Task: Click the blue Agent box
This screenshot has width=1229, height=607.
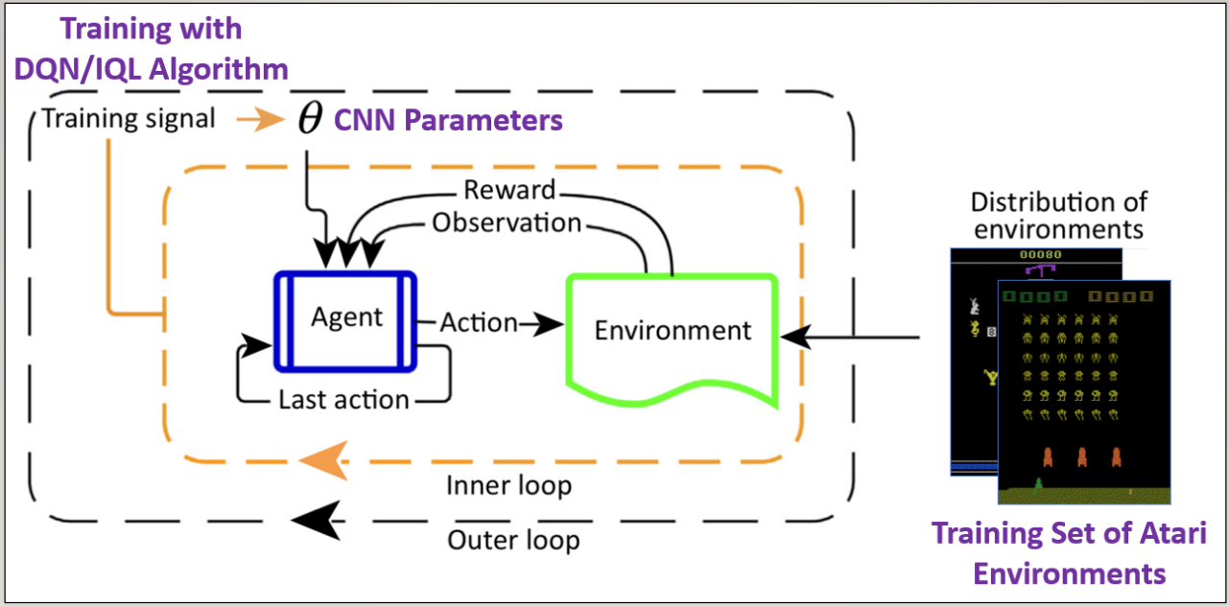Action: click(x=345, y=319)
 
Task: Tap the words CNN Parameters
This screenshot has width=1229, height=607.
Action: click(x=447, y=121)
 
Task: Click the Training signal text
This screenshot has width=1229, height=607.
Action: click(x=130, y=120)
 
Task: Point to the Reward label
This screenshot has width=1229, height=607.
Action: click(x=508, y=190)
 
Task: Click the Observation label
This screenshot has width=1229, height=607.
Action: click(x=507, y=222)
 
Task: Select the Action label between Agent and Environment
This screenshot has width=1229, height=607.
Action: click(x=479, y=323)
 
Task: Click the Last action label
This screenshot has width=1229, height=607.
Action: click(x=343, y=399)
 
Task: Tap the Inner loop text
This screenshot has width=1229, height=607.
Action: click(x=508, y=485)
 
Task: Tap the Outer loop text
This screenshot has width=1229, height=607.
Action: click(x=513, y=540)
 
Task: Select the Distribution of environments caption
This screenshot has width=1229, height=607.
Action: click(x=1058, y=216)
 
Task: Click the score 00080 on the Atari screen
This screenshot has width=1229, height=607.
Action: click(x=1036, y=254)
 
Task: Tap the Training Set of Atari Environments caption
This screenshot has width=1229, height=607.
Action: click(x=1069, y=553)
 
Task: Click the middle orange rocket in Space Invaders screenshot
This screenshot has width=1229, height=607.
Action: click(x=1082, y=455)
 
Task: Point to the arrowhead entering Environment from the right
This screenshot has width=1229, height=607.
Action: click(x=793, y=337)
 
